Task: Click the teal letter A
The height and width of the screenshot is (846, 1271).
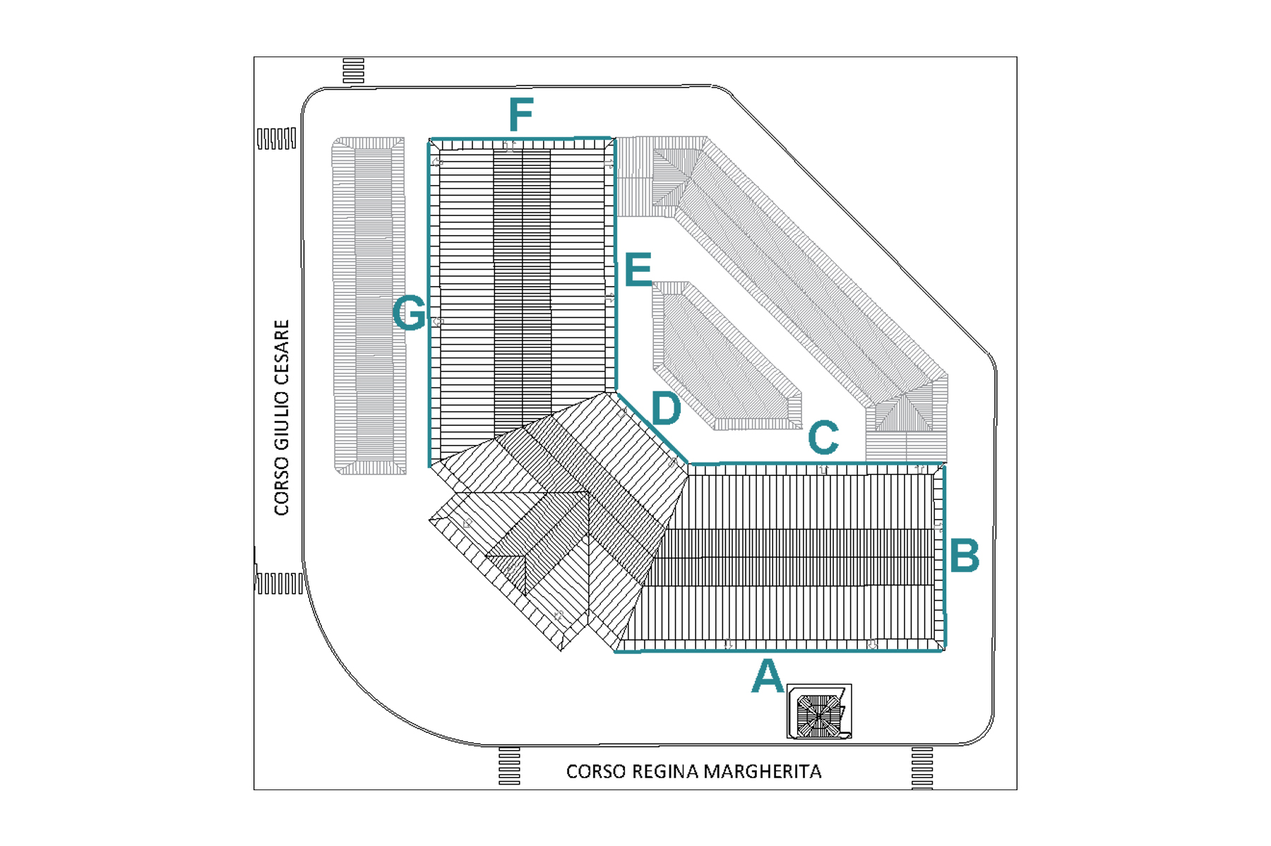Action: click(768, 676)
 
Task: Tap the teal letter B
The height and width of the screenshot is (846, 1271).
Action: click(965, 555)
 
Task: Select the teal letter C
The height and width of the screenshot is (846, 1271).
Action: click(823, 438)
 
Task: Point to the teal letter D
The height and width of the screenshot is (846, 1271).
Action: click(666, 408)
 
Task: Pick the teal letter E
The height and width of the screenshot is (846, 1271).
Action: click(638, 270)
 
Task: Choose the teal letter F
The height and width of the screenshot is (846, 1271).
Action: click(521, 115)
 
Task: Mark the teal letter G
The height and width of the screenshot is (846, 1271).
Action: click(410, 313)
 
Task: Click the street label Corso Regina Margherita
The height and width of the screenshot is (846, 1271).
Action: click(693, 771)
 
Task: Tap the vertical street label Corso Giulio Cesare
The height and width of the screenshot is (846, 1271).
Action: click(282, 417)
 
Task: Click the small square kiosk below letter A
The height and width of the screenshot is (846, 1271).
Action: click(819, 712)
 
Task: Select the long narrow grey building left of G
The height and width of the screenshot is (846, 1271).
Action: click(369, 306)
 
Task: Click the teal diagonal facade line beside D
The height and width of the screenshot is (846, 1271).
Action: click(653, 428)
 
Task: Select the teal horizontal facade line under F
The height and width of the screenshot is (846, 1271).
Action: click(521, 138)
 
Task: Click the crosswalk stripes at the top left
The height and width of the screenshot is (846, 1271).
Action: click(353, 71)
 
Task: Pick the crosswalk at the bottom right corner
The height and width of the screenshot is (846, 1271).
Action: click(922, 767)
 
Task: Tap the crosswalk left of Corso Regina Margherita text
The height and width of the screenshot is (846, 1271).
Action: click(509, 765)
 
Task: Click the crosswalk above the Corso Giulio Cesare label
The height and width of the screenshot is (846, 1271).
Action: click(276, 138)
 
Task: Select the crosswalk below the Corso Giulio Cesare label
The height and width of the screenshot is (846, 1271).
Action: click(279, 583)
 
